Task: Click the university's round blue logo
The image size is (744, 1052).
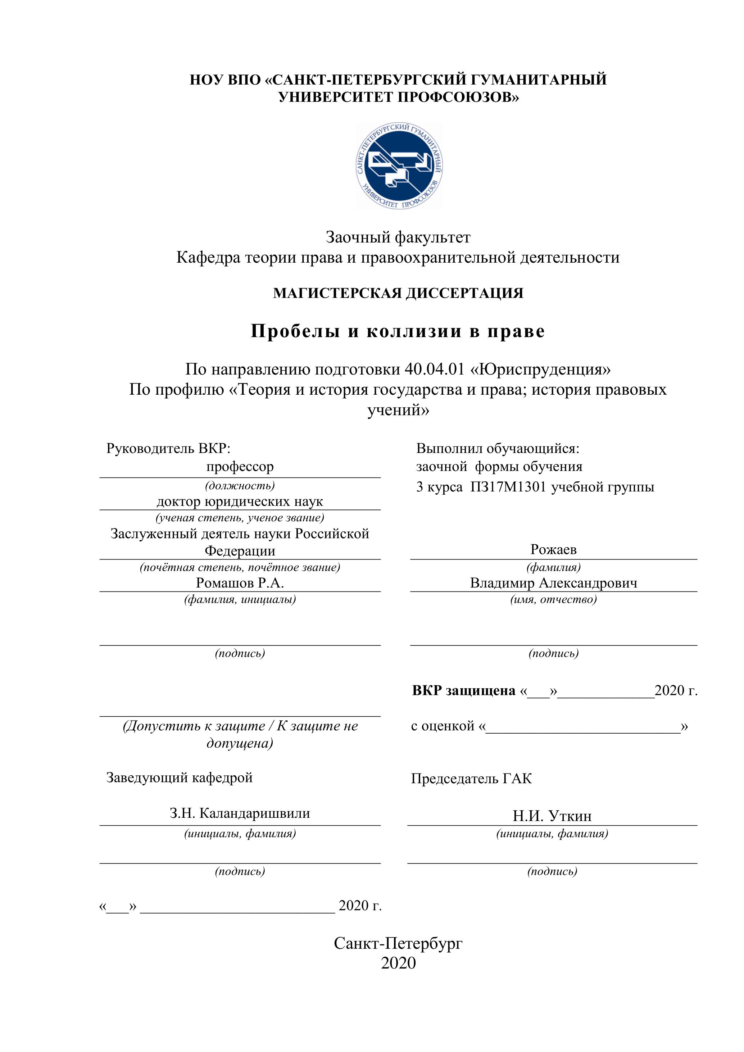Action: (399, 166)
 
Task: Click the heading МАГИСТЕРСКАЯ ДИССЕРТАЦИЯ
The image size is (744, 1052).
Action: (398, 293)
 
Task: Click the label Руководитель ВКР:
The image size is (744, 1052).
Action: (171, 448)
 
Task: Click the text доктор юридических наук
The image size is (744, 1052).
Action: (240, 501)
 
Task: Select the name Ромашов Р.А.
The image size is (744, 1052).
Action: (240, 583)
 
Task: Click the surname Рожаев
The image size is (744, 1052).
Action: (553, 549)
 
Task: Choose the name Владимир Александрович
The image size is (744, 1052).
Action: (553, 583)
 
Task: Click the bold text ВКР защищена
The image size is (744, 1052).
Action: (464, 690)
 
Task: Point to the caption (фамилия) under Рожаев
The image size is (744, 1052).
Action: (553, 567)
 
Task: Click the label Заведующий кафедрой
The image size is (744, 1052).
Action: (179, 777)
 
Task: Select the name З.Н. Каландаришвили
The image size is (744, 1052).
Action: (240, 813)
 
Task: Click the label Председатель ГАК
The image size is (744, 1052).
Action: (471, 779)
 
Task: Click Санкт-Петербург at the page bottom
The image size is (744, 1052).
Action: (398, 943)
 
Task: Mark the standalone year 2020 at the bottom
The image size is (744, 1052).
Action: (398, 963)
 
